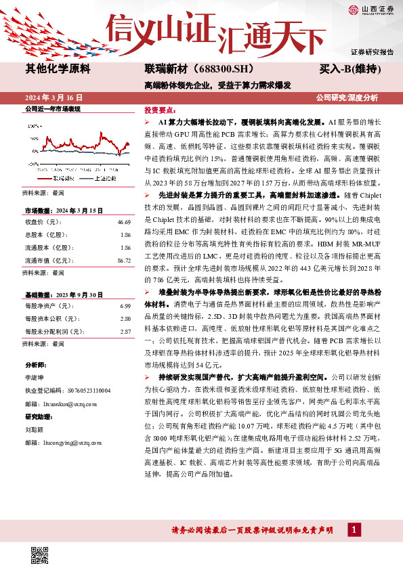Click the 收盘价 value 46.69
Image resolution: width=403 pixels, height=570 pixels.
point(123,222)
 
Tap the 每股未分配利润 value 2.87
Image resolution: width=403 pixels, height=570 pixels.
point(125,332)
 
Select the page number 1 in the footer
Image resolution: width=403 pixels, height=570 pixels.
point(354,529)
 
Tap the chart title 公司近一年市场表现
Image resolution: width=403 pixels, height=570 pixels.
point(52,108)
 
